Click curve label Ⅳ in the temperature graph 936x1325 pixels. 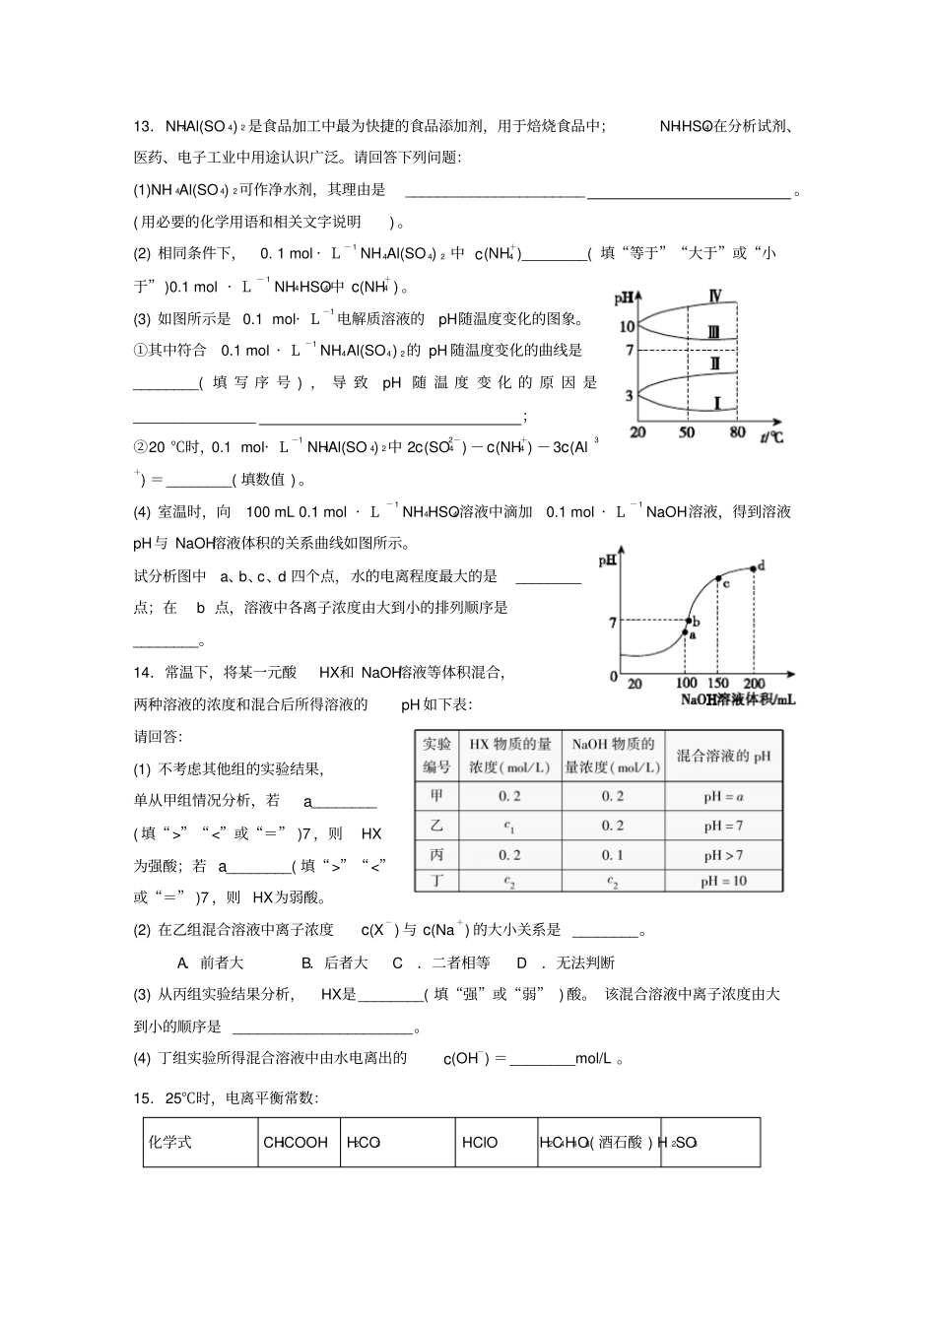(x=714, y=296)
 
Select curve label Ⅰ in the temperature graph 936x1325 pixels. (x=717, y=402)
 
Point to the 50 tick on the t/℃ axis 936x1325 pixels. (x=687, y=432)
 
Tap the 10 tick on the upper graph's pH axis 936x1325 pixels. (x=627, y=326)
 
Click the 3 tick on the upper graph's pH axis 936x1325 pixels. (x=630, y=396)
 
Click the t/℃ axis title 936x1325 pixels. (x=771, y=434)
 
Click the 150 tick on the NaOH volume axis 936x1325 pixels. (x=718, y=683)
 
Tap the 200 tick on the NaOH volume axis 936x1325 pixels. (x=754, y=683)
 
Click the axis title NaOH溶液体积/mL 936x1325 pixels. (x=737, y=699)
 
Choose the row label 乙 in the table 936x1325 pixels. (x=436, y=826)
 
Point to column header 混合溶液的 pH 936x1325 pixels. (x=723, y=756)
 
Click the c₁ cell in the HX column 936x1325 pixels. (x=509, y=826)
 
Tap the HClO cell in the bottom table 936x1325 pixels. (x=480, y=1143)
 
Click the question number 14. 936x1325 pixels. (x=144, y=673)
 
